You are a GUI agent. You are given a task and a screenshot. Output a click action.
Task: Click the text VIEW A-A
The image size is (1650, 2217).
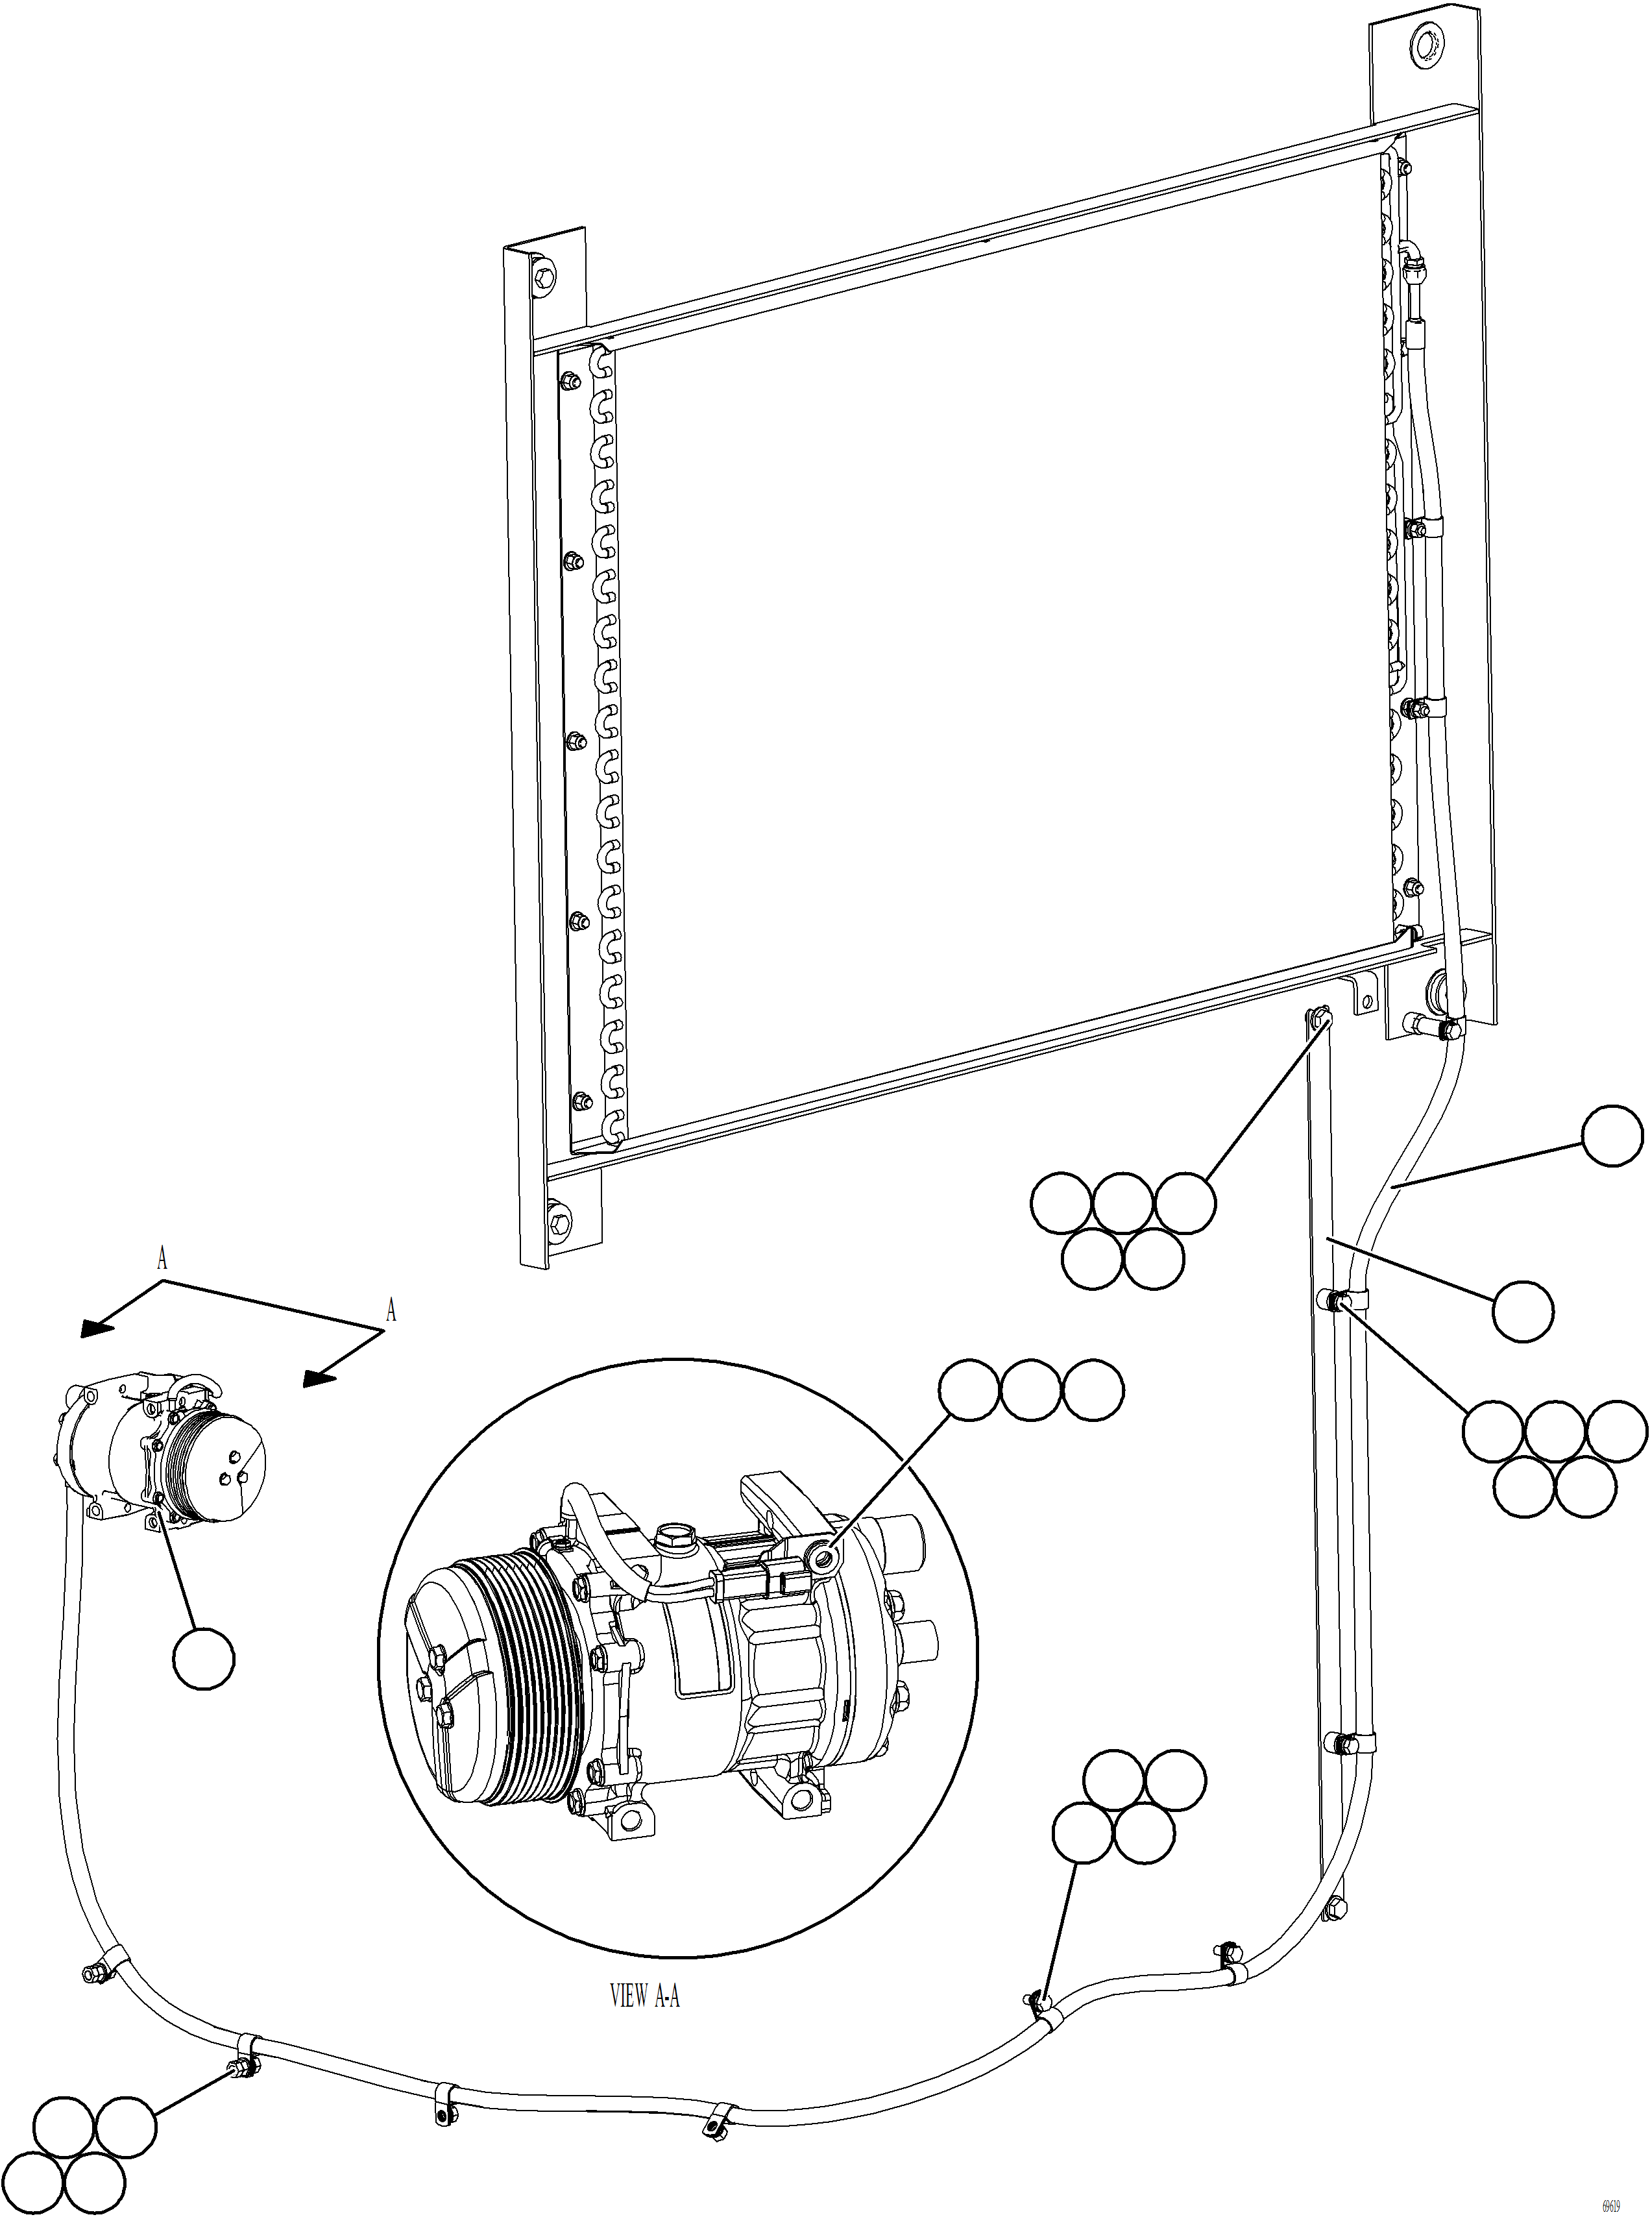point(644,1996)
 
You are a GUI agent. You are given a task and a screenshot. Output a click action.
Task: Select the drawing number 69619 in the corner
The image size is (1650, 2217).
point(1609,2199)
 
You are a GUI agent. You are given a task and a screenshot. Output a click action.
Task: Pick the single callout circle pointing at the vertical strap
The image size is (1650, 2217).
point(1523,1311)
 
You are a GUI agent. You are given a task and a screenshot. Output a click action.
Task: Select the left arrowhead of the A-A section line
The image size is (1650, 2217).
point(95,1328)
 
